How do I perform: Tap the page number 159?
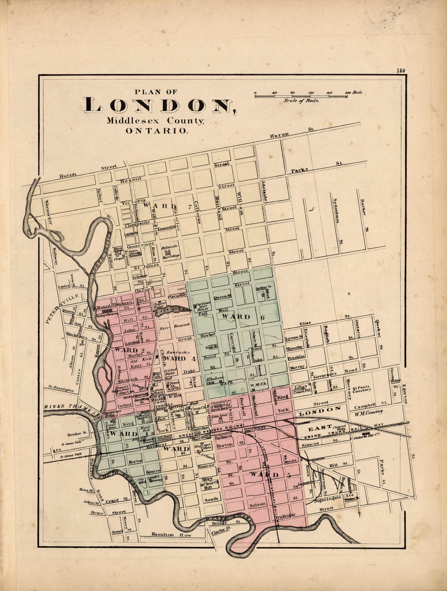pyautogui.click(x=401, y=71)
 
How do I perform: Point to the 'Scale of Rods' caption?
pyautogui.click(x=301, y=101)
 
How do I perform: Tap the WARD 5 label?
pyautogui.click(x=270, y=474)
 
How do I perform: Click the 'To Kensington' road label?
pyautogui.click(x=61, y=389)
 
